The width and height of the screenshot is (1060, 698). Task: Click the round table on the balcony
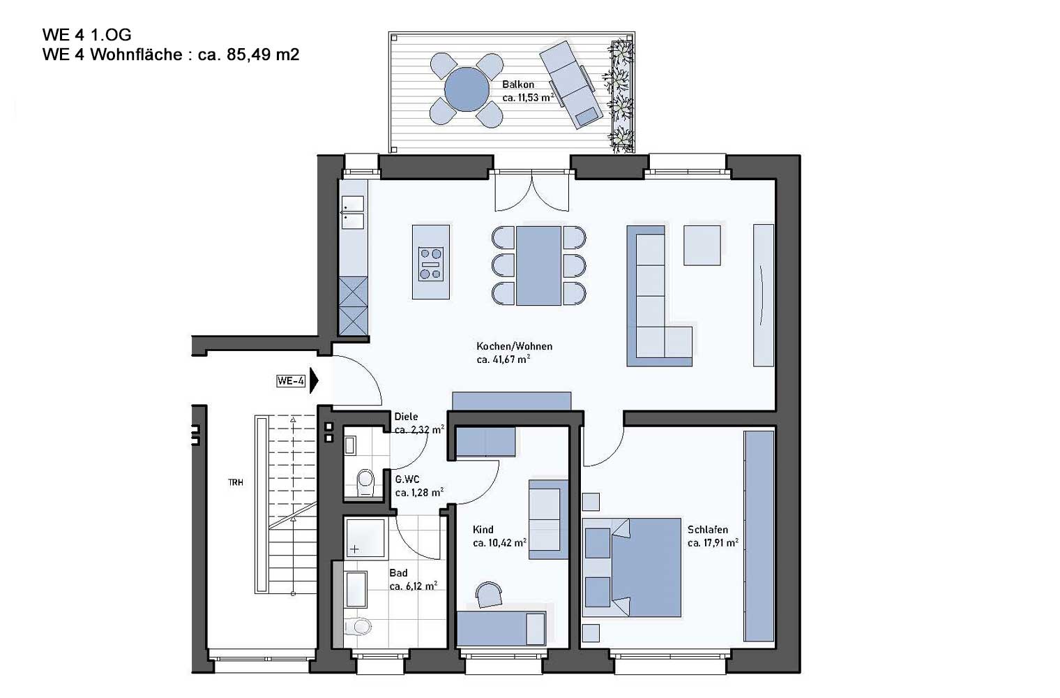[x=467, y=89]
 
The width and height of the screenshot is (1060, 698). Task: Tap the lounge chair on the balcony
[x=571, y=84]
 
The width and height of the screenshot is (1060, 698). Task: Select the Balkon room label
[x=518, y=84]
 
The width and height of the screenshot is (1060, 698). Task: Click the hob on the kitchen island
[x=431, y=265]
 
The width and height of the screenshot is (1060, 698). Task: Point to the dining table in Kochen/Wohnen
[x=538, y=266]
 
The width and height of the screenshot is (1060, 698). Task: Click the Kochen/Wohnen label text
[x=515, y=346]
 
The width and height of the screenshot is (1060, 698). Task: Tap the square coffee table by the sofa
[x=702, y=245]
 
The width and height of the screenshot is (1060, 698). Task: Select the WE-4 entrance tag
[x=291, y=380]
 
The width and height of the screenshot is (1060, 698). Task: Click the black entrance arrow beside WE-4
[x=314, y=380]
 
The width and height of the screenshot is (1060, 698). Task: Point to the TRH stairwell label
[x=236, y=482]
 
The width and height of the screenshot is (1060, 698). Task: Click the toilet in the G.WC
[x=365, y=482]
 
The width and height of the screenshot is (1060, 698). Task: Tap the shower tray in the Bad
[x=365, y=538]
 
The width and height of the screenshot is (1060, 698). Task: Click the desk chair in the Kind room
[x=489, y=595]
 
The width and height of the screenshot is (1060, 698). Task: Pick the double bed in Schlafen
[x=632, y=567]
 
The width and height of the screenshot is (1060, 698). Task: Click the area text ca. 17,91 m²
[x=713, y=542]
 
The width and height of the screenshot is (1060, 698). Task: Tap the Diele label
[x=406, y=417]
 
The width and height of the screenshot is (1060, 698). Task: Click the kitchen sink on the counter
[x=353, y=212]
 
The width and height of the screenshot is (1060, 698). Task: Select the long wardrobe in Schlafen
[x=759, y=536]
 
